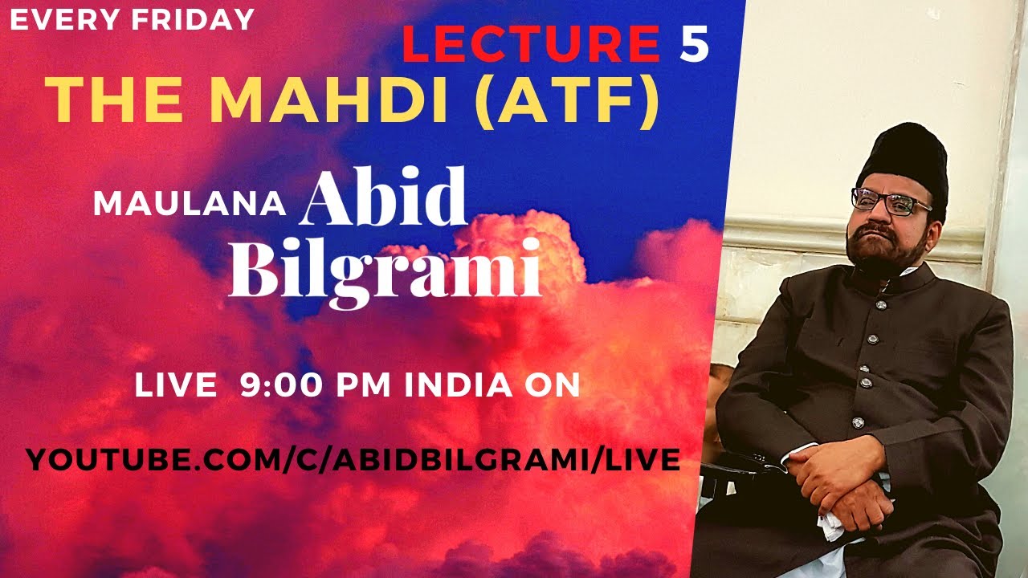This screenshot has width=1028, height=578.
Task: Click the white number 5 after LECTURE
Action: (x=695, y=46)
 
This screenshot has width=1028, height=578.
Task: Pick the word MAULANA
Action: (x=190, y=204)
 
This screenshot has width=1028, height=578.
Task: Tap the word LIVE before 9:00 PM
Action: (x=175, y=386)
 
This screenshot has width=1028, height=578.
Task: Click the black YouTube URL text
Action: (x=353, y=460)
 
